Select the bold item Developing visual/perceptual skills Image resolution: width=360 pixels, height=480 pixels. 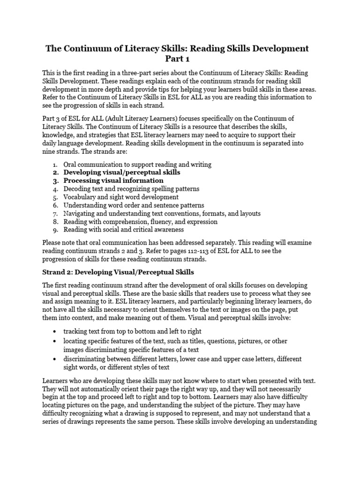pos(122,172)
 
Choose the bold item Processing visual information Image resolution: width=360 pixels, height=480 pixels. pos(113,180)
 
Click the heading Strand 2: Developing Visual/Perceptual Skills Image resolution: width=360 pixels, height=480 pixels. pos(118,272)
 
